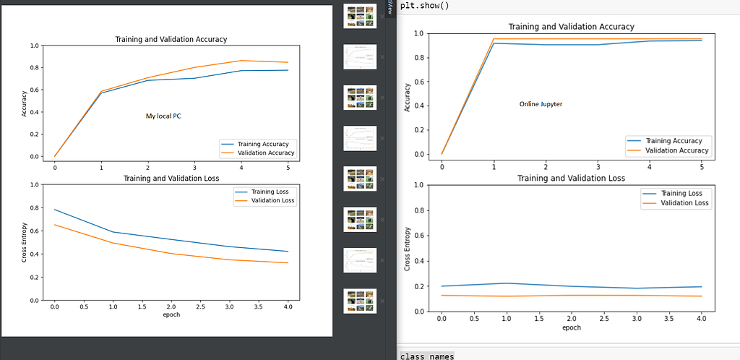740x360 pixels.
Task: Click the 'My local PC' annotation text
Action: [163, 116]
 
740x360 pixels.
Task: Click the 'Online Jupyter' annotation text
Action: [541, 104]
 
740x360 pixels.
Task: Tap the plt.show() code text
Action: [424, 6]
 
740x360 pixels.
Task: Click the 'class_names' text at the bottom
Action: [427, 355]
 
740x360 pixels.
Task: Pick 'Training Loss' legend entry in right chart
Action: [682, 194]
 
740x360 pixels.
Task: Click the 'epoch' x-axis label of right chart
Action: [570, 327]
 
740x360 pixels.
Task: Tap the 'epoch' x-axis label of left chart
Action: [171, 314]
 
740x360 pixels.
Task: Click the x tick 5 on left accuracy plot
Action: [288, 166]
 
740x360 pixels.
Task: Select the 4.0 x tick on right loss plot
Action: [700, 319]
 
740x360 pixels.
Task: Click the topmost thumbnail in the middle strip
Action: [360, 17]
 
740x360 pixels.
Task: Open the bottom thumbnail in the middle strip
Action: [360, 301]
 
